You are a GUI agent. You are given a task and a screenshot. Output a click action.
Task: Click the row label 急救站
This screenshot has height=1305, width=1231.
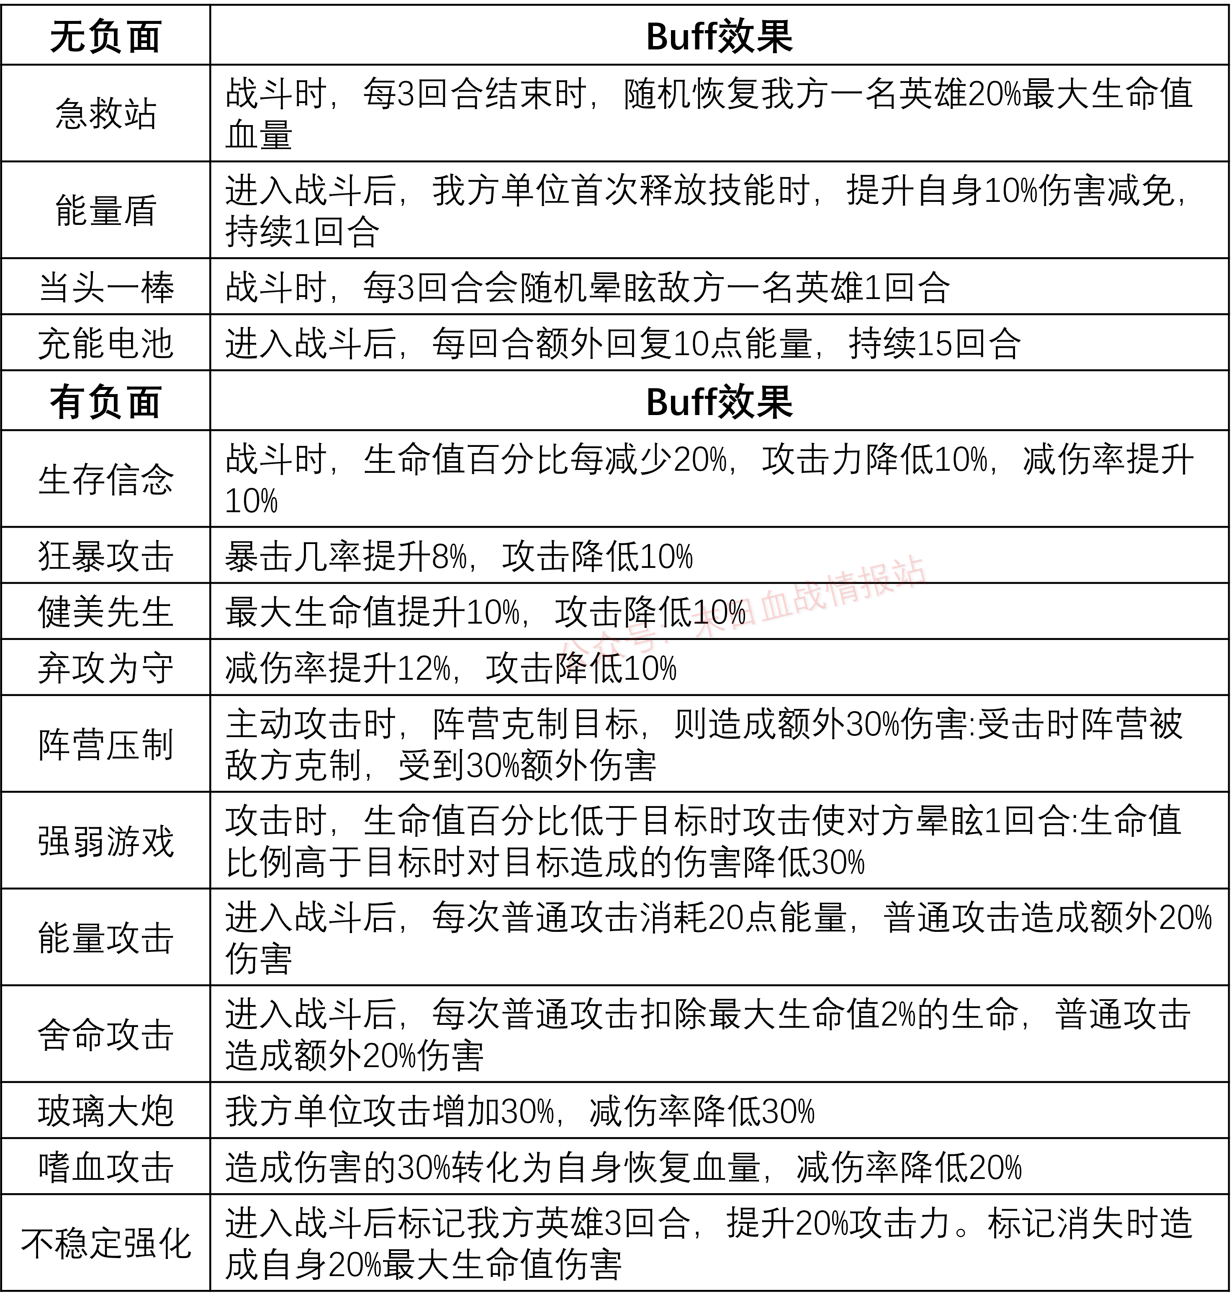[105, 113]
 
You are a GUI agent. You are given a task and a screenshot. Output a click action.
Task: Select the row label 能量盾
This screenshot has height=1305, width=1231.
[105, 210]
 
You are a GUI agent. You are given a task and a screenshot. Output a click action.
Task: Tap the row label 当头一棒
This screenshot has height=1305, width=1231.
[105, 287]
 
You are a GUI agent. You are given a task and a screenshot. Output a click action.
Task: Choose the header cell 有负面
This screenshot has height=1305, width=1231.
[105, 401]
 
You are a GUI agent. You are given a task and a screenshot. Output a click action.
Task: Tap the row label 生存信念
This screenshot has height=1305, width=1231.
[105, 479]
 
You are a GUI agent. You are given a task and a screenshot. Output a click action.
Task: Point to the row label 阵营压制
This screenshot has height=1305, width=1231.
[105, 744]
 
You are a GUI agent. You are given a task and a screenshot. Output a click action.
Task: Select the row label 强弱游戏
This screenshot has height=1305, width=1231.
[105, 841]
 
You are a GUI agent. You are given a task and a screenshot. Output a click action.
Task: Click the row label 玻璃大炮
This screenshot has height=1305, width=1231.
[105, 1112]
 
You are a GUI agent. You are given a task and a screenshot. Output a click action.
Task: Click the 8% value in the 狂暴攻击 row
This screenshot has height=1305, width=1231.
[450, 557]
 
